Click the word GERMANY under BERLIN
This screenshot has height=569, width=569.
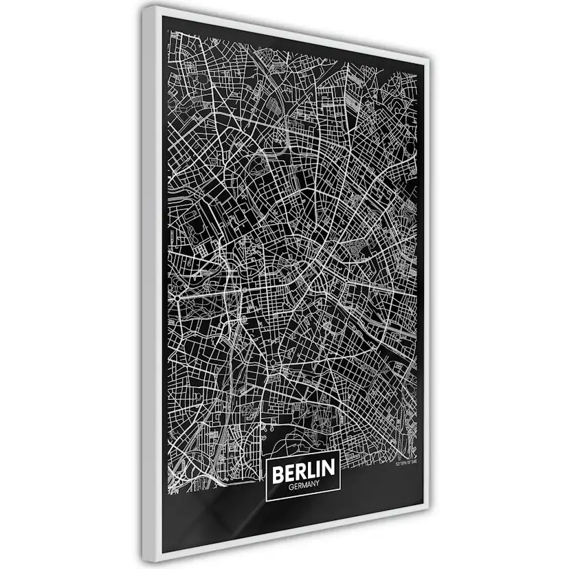(304, 485)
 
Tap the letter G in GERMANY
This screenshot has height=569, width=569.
(289, 485)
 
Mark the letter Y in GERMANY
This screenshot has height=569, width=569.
(319, 485)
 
